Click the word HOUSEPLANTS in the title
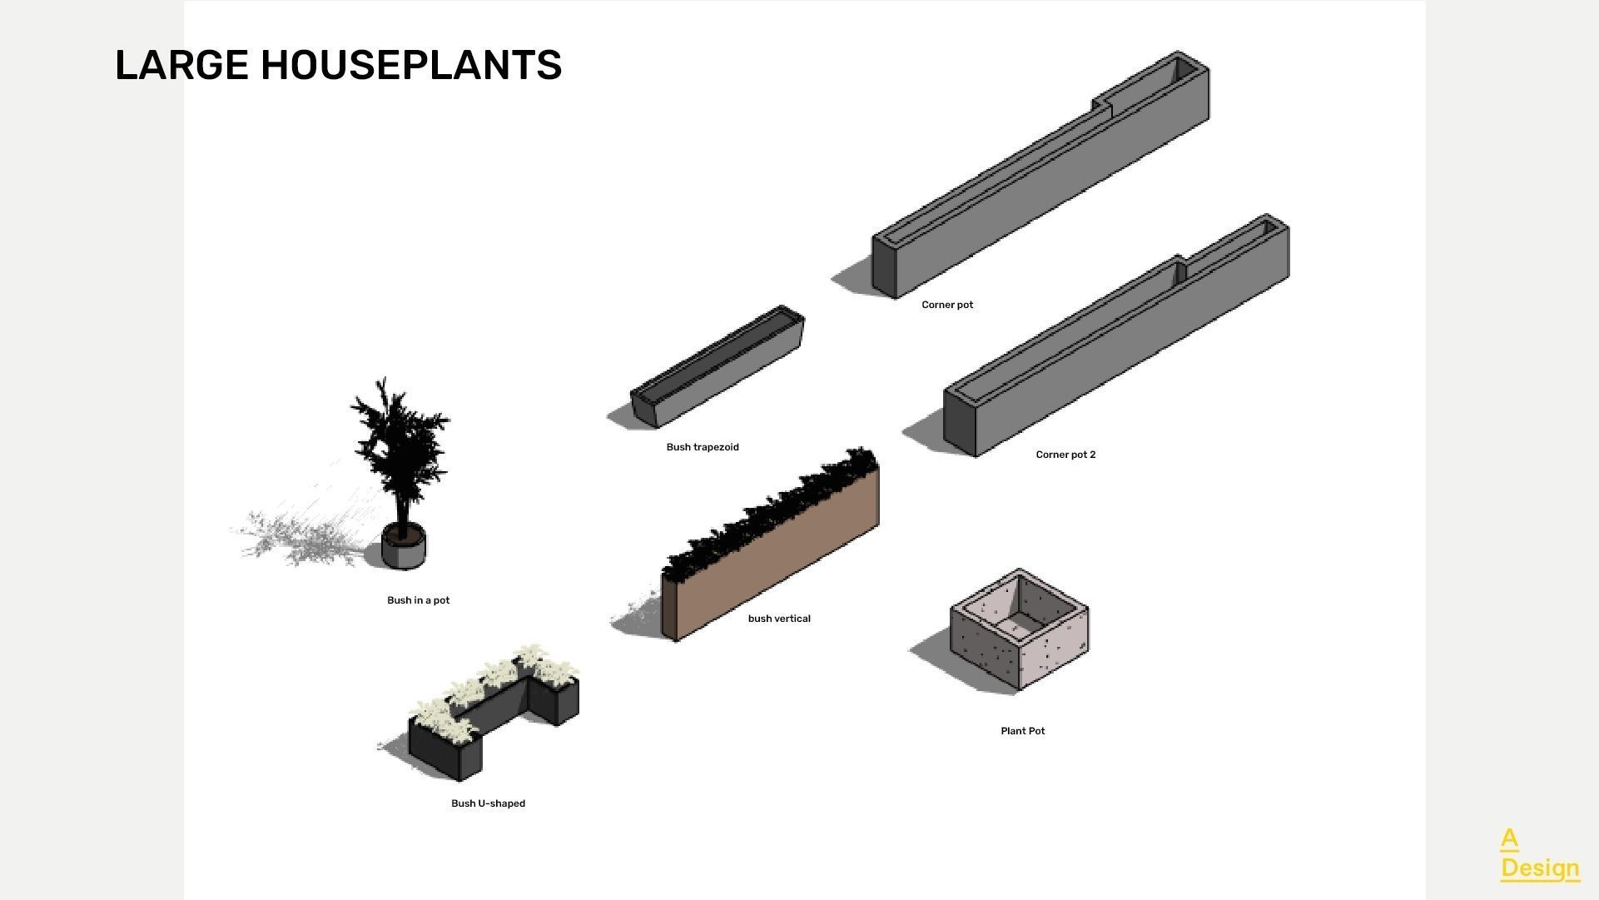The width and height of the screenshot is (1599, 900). click(x=411, y=65)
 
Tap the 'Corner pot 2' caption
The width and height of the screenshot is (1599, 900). click(x=1065, y=455)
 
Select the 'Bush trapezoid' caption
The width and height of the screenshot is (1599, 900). click(x=703, y=447)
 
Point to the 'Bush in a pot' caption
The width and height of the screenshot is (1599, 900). click(x=418, y=600)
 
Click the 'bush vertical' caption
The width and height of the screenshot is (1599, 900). click(x=779, y=619)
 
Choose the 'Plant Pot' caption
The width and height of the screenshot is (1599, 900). click(x=1022, y=731)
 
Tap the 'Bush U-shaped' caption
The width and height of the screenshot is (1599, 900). click(x=488, y=803)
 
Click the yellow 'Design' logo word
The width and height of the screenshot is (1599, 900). click(x=1540, y=868)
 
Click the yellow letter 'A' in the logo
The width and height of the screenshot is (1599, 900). click(x=1509, y=838)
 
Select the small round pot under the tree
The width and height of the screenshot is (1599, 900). click(x=404, y=549)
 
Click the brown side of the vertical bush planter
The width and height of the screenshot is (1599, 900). click(x=774, y=558)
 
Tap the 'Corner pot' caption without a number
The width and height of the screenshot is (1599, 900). click(x=947, y=305)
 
